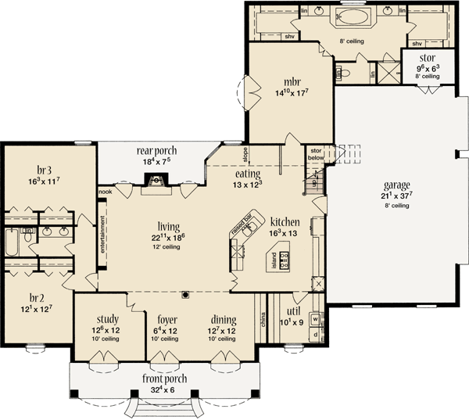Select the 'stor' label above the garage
point(428,58)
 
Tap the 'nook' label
point(105,190)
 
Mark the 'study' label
point(108,320)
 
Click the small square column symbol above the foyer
point(185,295)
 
